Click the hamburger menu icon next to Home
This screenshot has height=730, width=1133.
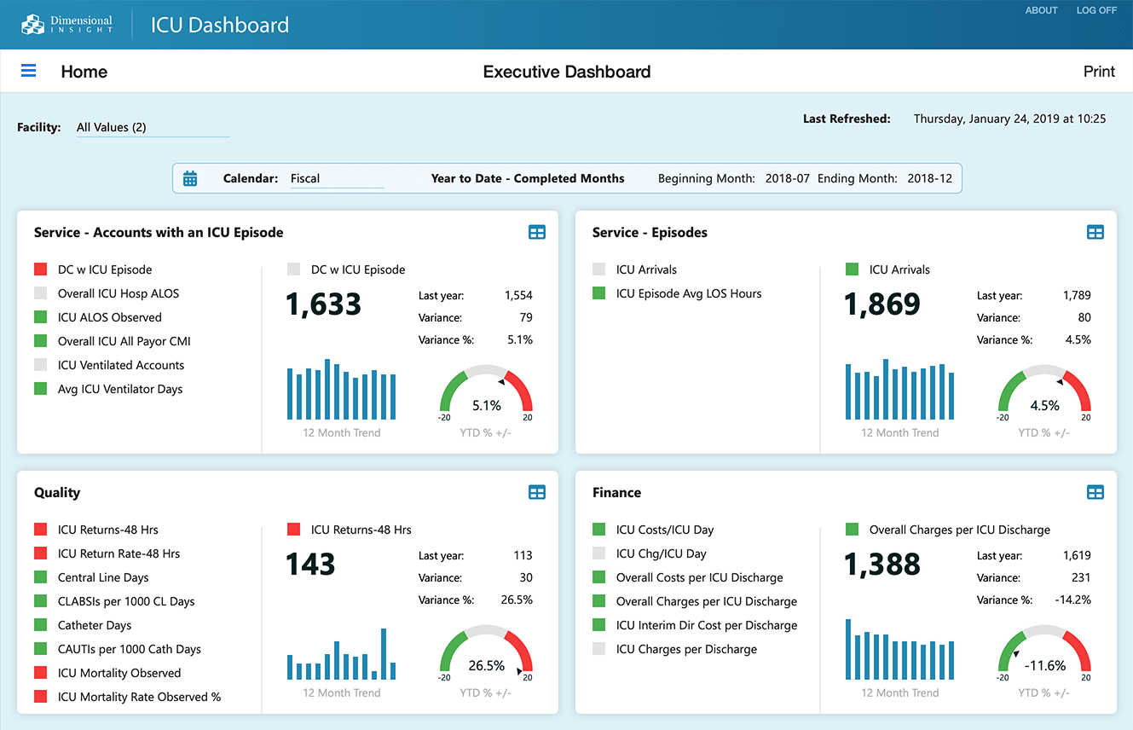pos(28,71)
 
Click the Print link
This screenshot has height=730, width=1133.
pos(1099,72)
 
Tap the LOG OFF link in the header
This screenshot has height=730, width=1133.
pos(1096,10)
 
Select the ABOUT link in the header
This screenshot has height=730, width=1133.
pos(1041,10)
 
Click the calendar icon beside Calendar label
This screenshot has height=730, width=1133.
pos(190,178)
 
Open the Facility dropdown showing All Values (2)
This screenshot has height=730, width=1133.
pos(152,128)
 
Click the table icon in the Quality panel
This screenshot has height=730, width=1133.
pos(536,492)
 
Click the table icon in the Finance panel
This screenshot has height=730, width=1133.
pos(1095,492)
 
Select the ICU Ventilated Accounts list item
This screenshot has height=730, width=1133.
pos(120,365)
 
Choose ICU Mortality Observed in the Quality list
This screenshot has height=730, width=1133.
pos(119,673)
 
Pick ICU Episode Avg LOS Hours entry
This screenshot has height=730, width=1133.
pos(688,293)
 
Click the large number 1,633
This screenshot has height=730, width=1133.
pos(323,304)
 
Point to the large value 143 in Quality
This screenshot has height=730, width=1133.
pos(310,565)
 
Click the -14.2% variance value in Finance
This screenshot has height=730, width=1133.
pos(1072,600)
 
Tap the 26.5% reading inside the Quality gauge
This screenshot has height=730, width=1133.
pos(486,665)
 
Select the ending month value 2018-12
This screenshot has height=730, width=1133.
pos(929,178)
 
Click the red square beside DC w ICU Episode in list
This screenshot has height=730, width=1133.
pos(40,269)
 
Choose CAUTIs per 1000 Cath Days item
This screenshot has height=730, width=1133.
pos(129,649)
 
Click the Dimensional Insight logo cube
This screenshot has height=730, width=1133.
pos(32,24)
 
